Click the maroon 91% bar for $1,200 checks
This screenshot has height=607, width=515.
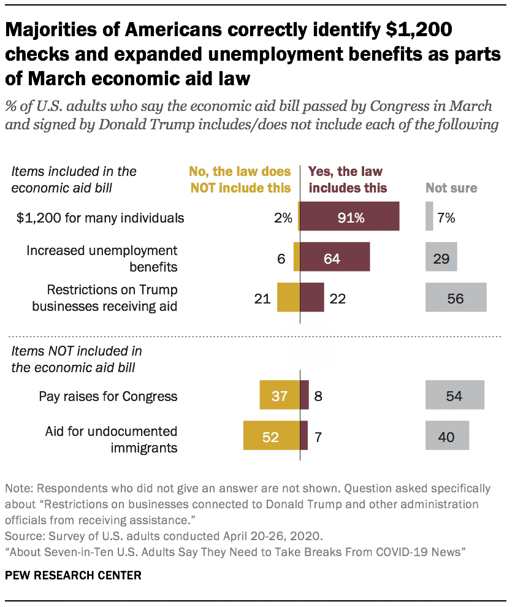pos(349,217)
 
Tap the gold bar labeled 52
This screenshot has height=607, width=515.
pos(271,437)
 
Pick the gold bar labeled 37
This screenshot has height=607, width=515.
pos(280,396)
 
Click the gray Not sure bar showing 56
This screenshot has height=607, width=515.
pos(456,298)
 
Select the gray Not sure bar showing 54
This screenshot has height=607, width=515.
pos(454,396)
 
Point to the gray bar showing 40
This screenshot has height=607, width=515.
pos(447,437)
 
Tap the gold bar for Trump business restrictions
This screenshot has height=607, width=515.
pos(288,298)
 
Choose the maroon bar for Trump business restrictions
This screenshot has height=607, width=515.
pos(312,298)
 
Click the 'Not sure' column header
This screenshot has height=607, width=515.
pos(452,188)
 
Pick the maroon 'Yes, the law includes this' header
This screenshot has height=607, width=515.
pos(348,180)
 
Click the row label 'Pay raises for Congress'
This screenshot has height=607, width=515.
pos(108,396)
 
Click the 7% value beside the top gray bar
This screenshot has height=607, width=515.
pos(446,217)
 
